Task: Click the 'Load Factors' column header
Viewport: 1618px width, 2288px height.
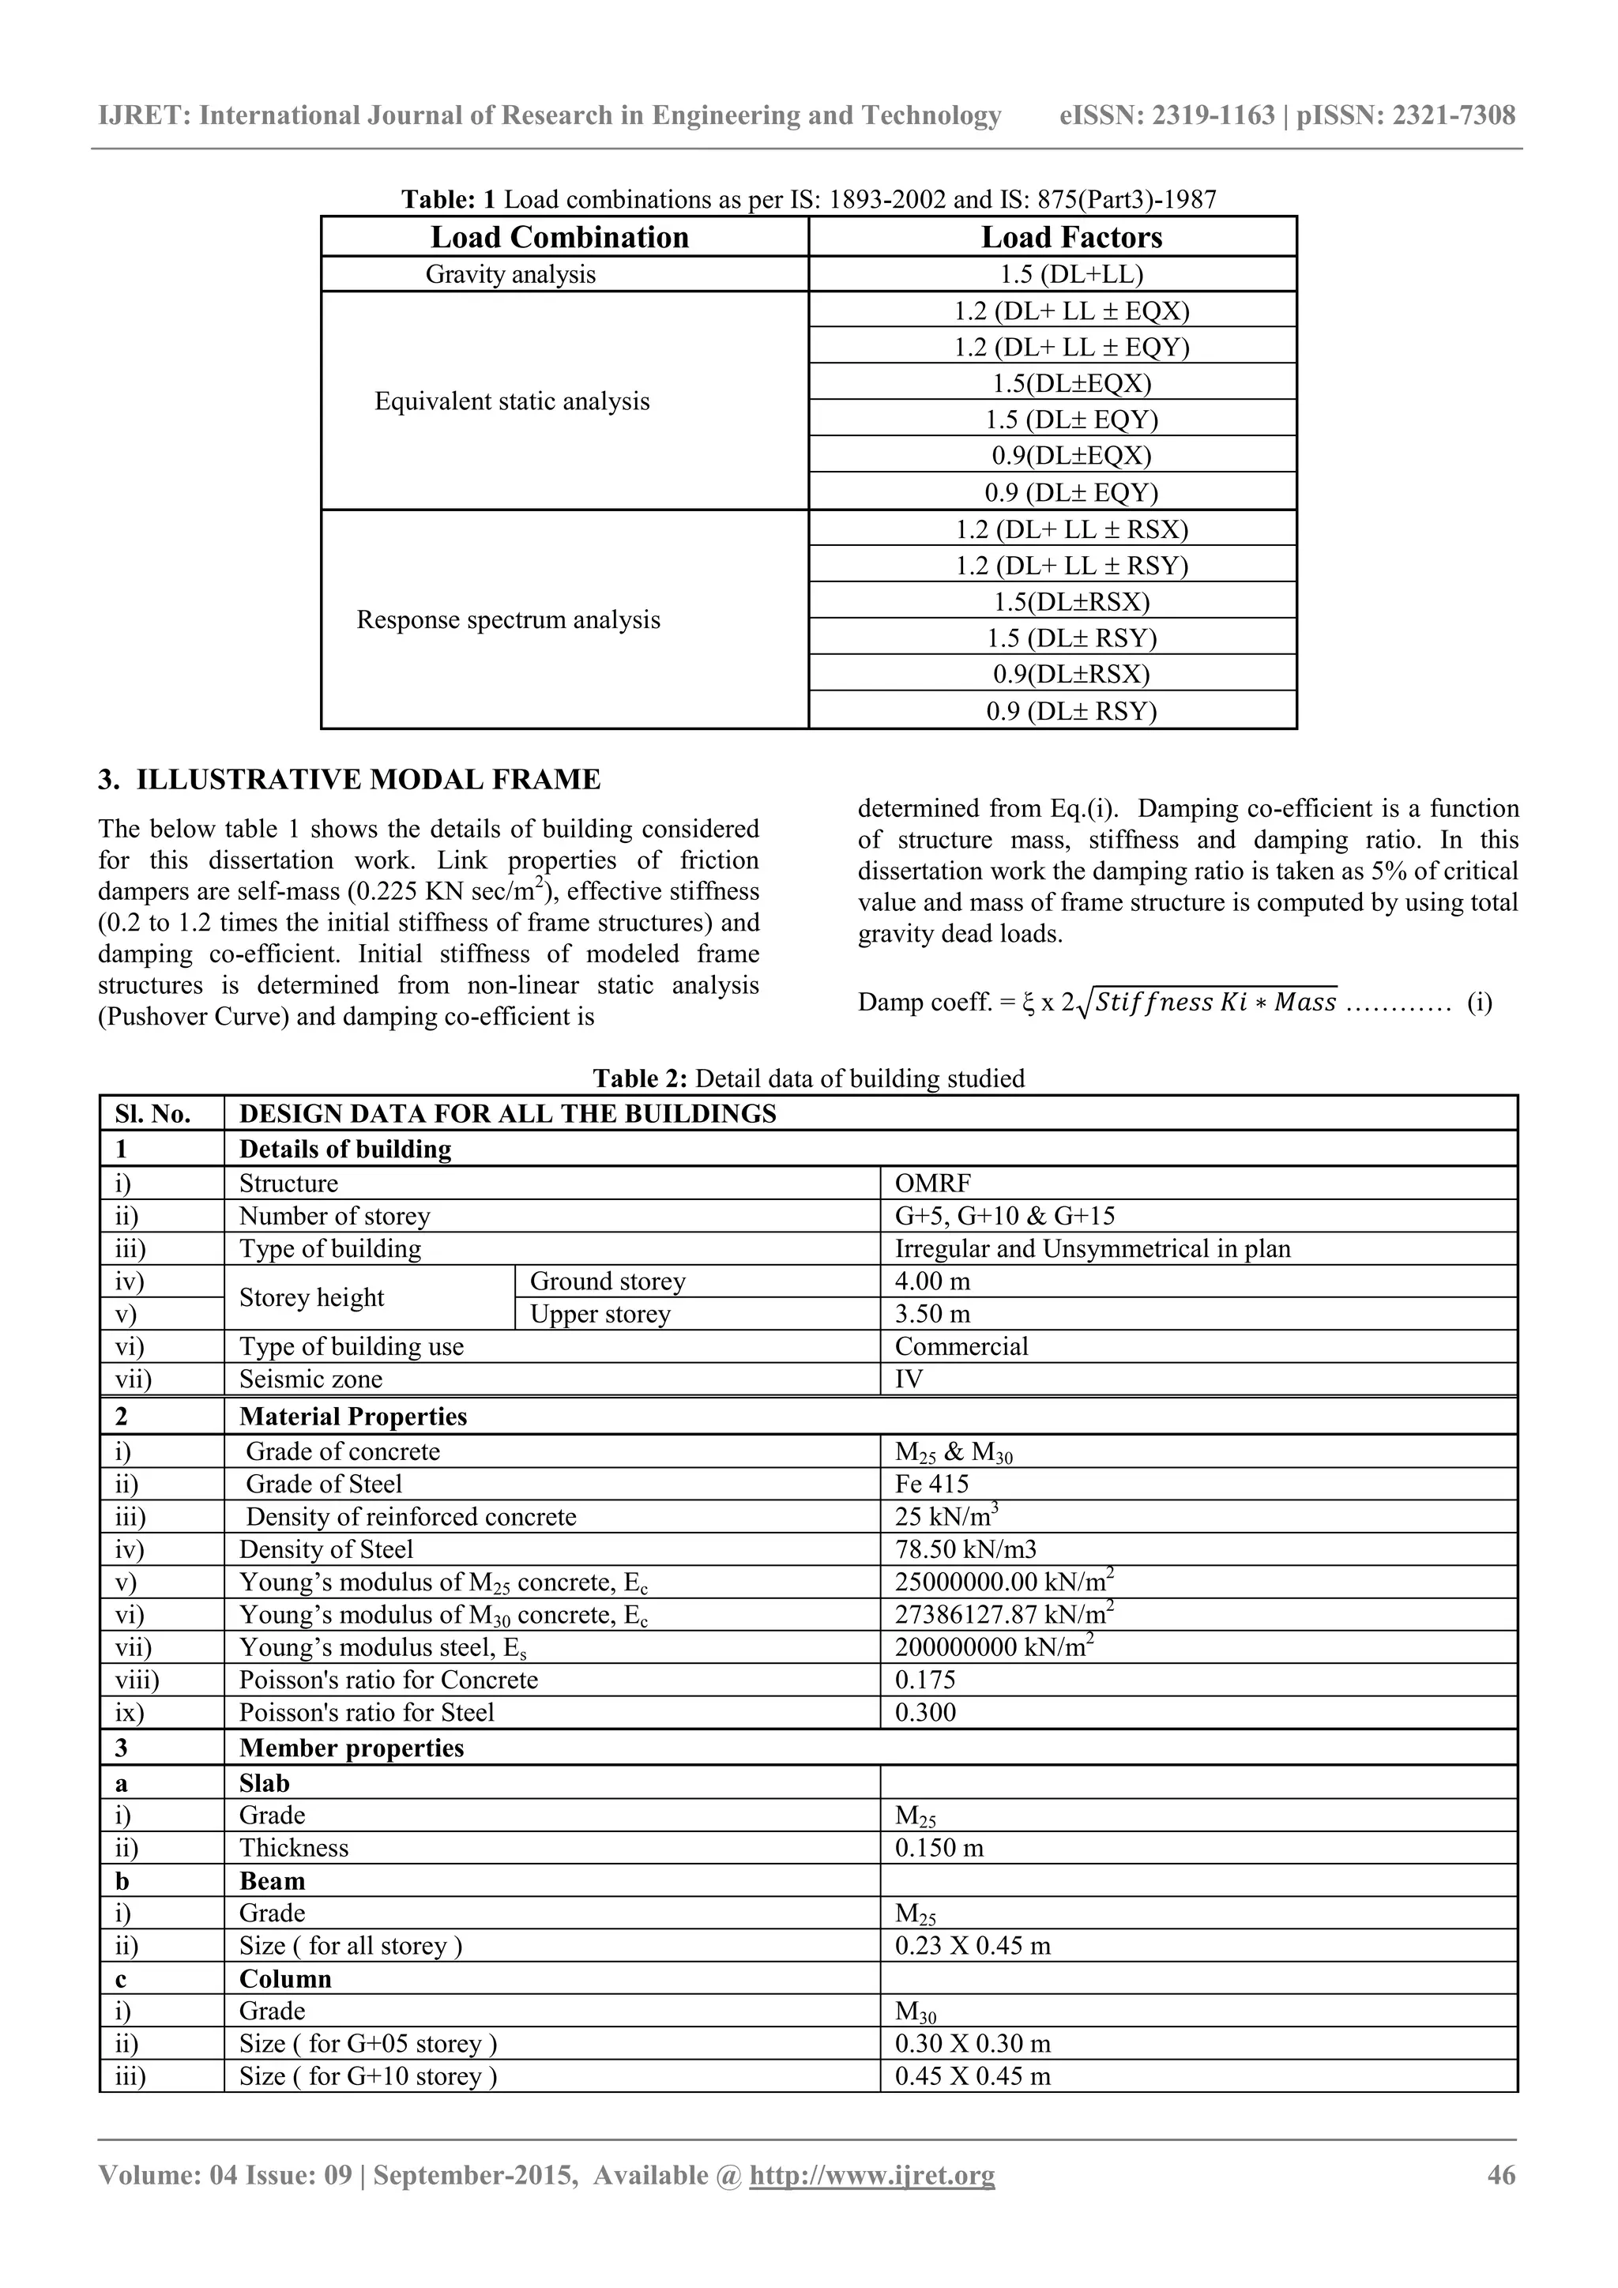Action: click(1071, 237)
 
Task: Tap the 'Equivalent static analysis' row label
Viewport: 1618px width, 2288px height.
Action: click(512, 401)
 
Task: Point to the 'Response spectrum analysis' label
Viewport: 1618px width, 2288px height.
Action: click(508, 620)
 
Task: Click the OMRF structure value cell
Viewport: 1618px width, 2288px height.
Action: click(932, 1184)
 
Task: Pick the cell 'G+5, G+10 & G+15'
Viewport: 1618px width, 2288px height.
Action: click(1004, 1216)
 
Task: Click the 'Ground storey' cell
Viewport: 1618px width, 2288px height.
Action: click(608, 1281)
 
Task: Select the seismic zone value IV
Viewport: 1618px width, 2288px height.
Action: click(909, 1379)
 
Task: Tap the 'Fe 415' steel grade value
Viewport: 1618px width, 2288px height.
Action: click(931, 1484)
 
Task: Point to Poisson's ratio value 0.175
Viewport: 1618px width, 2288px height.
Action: click(924, 1680)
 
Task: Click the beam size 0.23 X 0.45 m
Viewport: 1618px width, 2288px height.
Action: click(973, 1945)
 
